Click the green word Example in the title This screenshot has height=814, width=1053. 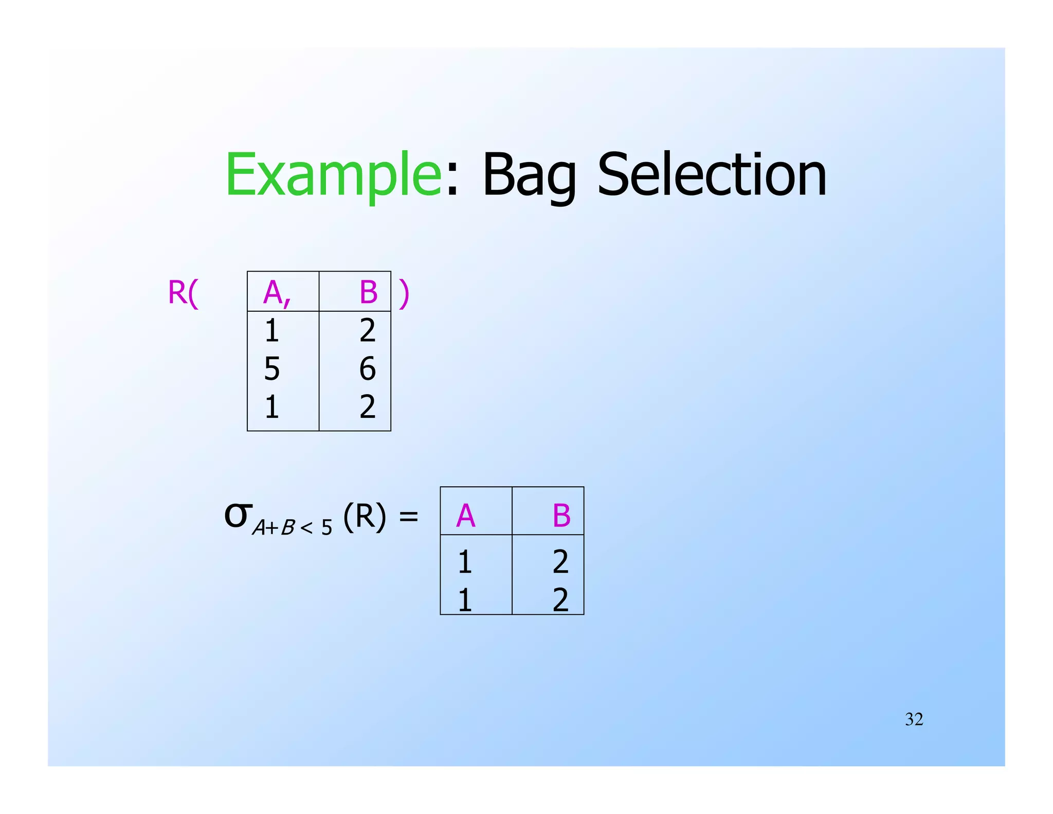333,175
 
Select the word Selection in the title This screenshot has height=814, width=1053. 712,175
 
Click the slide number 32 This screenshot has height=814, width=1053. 914,719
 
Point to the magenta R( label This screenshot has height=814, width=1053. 183,293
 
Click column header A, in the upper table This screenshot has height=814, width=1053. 277,293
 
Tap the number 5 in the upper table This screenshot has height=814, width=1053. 272,368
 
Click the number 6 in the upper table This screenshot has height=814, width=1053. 367,368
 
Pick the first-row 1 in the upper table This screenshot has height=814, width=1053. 272,330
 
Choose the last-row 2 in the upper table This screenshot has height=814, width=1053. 367,407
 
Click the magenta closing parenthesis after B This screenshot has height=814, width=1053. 404,294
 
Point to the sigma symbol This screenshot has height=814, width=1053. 238,515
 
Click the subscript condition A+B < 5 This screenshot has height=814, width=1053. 292,527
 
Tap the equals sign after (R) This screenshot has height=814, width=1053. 409,516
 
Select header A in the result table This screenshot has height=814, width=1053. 465,516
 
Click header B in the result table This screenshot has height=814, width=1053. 561,516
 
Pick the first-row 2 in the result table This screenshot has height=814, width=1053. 560,561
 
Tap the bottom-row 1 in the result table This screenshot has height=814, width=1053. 465,600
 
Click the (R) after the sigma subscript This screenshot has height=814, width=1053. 365,516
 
